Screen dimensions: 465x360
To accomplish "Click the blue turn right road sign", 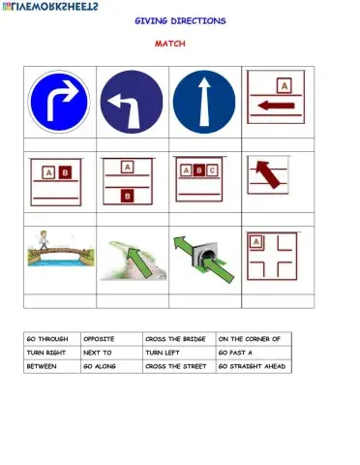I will [x=59, y=102].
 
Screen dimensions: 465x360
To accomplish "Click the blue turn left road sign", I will [x=131, y=102].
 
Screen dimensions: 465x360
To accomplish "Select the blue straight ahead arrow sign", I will [x=203, y=102].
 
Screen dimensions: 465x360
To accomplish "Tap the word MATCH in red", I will [x=170, y=44].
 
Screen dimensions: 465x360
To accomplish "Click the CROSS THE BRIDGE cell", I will [x=178, y=339].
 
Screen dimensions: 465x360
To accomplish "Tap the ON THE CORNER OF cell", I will [x=252, y=339].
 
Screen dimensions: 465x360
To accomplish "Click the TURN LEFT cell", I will [x=178, y=354].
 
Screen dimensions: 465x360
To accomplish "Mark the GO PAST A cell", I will [x=252, y=354].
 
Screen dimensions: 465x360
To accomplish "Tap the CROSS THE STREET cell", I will [x=178, y=368].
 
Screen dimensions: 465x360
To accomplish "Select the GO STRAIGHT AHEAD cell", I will [x=252, y=368].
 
